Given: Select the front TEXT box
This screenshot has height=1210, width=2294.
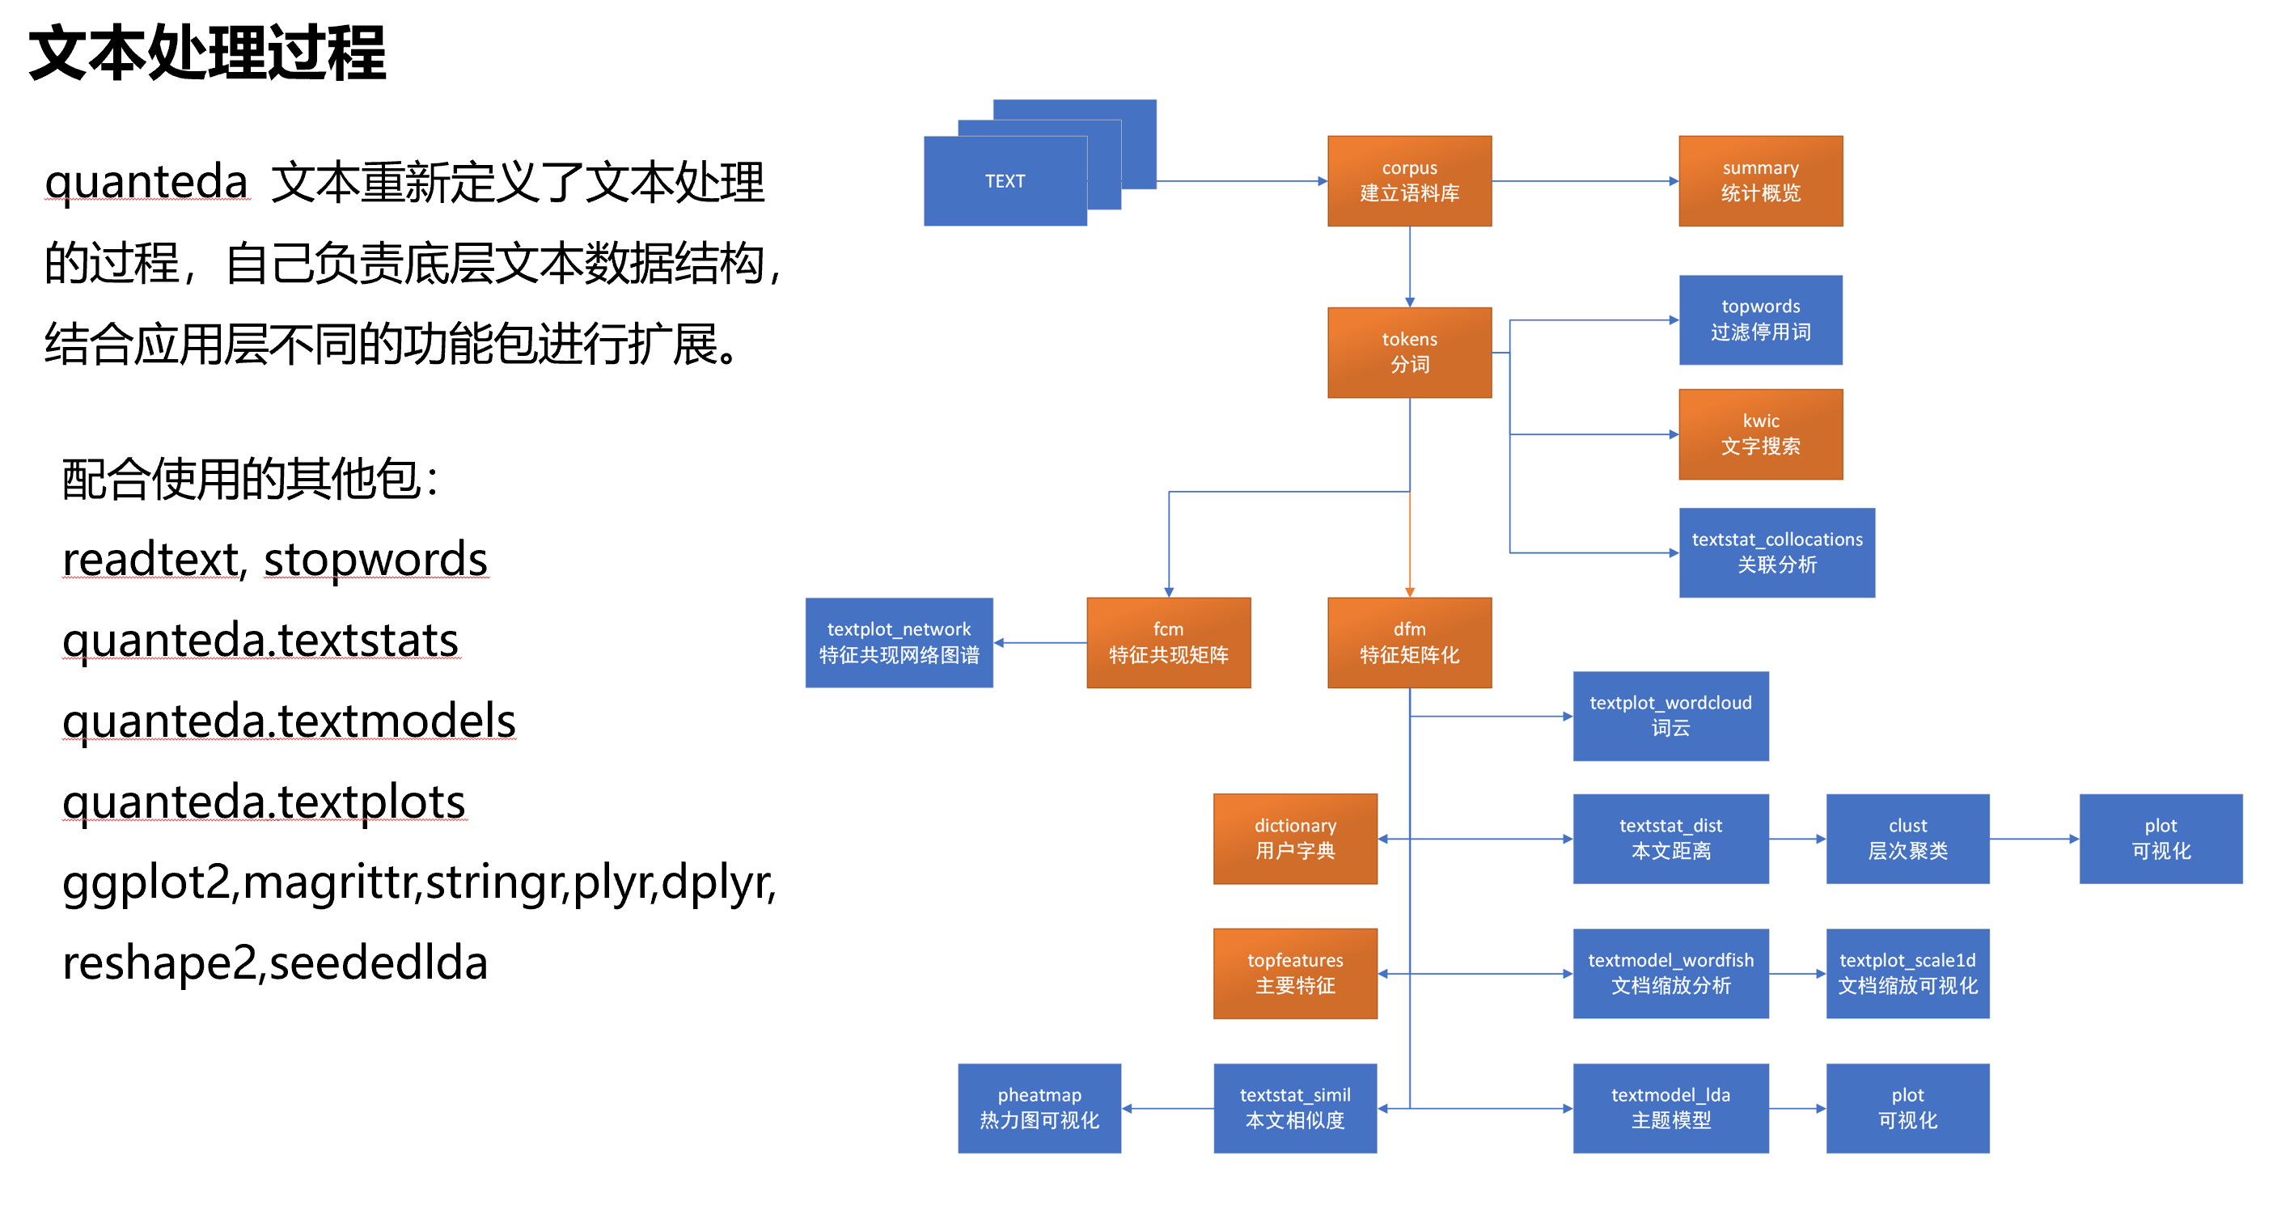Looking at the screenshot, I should click(x=1005, y=180).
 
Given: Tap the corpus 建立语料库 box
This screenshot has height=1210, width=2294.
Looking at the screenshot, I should click(x=1409, y=180).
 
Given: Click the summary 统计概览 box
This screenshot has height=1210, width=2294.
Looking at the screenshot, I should click(x=1759, y=180).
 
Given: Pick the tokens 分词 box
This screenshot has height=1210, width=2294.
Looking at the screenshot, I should click(x=1409, y=353).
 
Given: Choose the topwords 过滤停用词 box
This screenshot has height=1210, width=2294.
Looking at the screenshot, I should click(x=1759, y=319).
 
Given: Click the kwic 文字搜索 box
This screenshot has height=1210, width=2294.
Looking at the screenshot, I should click(x=1759, y=434).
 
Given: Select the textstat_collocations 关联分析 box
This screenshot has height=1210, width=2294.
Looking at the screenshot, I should click(x=1776, y=552).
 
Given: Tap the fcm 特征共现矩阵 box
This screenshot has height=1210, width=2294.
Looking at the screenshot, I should click(x=1167, y=642).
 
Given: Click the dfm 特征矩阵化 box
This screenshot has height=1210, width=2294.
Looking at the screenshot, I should click(x=1409, y=642).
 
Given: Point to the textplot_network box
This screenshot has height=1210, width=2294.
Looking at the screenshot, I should click(x=899, y=642).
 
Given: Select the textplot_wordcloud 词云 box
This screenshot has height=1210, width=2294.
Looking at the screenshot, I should click(x=1670, y=716).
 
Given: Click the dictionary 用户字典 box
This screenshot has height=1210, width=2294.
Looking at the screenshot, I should click(x=1294, y=839).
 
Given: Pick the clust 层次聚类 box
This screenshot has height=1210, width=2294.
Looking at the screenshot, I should click(x=1907, y=839).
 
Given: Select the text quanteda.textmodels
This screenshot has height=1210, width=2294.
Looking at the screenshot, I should click(x=289, y=721).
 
